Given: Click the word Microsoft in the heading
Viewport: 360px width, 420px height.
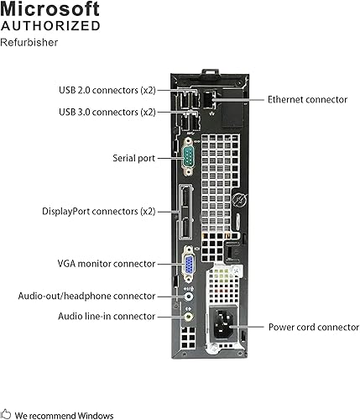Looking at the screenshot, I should click(50, 9).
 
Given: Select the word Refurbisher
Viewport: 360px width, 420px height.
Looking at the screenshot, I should click(29, 43).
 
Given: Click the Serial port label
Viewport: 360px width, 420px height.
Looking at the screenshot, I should click(133, 157).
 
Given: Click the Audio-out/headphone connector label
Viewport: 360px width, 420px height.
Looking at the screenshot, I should click(86, 296).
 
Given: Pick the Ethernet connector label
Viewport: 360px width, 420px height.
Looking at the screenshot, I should click(306, 99).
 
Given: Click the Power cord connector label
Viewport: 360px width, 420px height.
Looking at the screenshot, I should click(314, 326).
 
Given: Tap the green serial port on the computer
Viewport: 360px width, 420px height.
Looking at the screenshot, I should click(190, 157).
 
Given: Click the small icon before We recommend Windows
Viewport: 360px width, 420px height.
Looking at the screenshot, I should click(7, 414).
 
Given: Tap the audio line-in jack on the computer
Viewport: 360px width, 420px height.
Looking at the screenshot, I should click(190, 318).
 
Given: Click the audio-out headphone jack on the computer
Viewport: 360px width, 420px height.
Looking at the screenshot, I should click(190, 296).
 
